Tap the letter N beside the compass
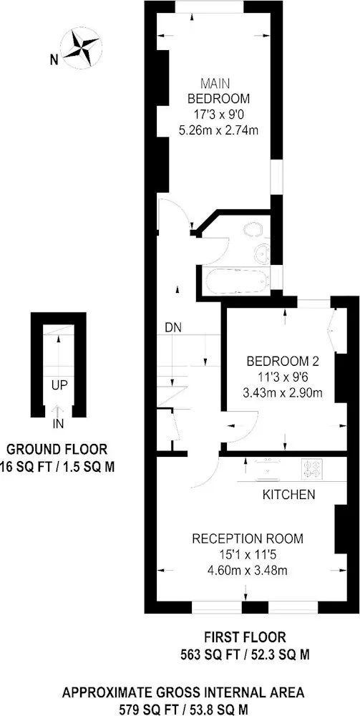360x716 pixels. (54, 59)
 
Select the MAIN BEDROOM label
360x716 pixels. (220, 91)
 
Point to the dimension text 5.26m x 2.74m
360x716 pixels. (220, 130)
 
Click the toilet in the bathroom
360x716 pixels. (253, 230)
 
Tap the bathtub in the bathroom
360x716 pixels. (235, 281)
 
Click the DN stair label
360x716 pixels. (173, 327)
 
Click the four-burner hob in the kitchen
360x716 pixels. (312, 469)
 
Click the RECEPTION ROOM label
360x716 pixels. (248, 538)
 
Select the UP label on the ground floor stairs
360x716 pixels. (59, 385)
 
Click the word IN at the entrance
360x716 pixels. (59, 424)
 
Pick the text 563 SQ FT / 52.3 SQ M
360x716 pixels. (245, 655)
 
